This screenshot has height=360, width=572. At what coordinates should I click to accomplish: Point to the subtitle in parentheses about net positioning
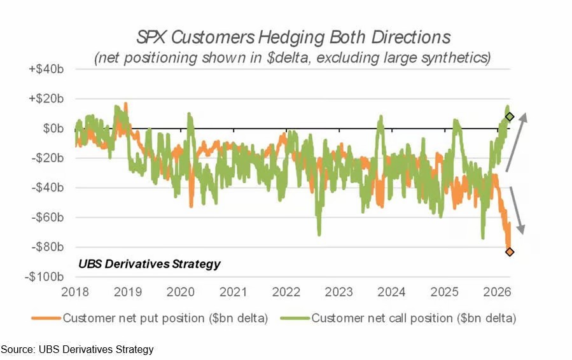coord(293,58)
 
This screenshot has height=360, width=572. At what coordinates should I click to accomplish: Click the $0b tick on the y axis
coord(53,128)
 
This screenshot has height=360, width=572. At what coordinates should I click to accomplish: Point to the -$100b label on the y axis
coord(46,277)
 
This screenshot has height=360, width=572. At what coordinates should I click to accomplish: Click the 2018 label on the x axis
coord(75,292)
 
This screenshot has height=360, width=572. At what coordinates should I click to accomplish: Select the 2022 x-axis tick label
coord(286,292)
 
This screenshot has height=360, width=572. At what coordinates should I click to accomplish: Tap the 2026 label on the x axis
coord(498,292)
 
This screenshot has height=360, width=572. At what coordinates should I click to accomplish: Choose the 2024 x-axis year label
coord(392,292)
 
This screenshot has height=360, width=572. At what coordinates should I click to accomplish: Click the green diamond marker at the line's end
coord(509,116)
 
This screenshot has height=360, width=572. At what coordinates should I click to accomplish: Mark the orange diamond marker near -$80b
coord(509,252)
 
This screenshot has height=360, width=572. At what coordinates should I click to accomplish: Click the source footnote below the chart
coord(77,349)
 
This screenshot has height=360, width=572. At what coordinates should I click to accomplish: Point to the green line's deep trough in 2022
coord(318,233)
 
